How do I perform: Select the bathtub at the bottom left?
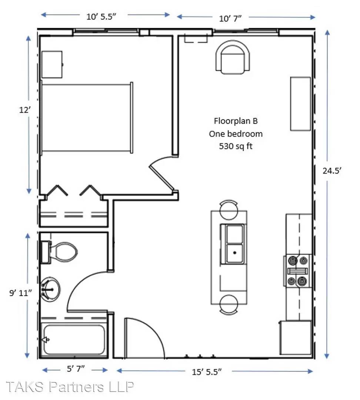point(73,340)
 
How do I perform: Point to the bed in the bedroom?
point(87,118)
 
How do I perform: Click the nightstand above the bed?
point(52,64)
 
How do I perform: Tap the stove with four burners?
point(297,271)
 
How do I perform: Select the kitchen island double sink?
point(232,244)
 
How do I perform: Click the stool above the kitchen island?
point(229,210)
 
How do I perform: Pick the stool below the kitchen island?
point(229,304)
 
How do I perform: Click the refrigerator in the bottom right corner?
point(296,337)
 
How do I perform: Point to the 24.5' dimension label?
point(332,171)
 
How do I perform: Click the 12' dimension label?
point(25,110)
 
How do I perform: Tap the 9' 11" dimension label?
point(20,293)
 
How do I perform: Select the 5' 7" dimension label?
point(76,369)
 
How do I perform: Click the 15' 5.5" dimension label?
point(207,372)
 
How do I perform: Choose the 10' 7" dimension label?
point(230,19)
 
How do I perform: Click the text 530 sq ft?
point(236,146)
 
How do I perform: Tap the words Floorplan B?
point(236,121)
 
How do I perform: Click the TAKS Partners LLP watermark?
point(69,387)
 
